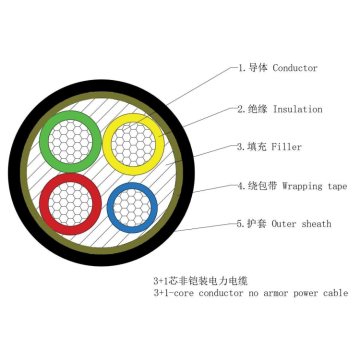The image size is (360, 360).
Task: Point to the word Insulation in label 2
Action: (296, 107)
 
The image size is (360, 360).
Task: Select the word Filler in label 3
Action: (286, 146)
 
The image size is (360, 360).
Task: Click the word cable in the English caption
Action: (336, 293)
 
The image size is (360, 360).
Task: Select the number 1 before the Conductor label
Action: (239, 68)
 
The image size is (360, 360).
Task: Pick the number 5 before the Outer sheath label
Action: (239, 224)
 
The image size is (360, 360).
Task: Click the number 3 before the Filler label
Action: (239, 146)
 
